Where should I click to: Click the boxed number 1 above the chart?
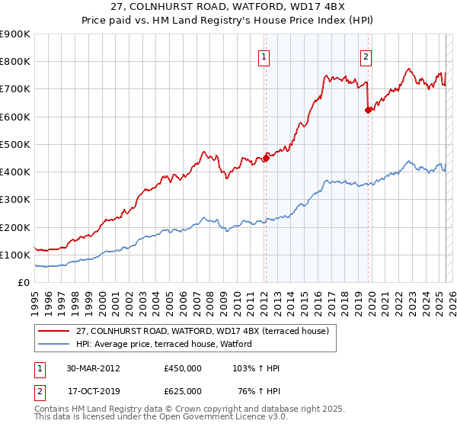coord(264,56)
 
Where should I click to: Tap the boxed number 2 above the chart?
coord(366,56)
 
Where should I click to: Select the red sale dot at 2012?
coord(266,158)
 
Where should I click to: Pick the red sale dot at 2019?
coord(369,110)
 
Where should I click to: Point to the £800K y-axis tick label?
coord(15,62)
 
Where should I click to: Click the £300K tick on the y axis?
coord(15,200)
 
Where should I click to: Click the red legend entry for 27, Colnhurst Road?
coord(202,331)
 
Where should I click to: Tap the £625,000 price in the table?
coord(183,391)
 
